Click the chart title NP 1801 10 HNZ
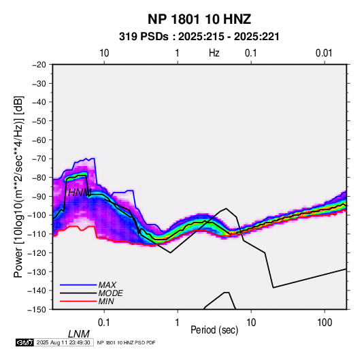point(199,19)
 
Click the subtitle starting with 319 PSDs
point(199,37)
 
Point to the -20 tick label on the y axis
point(39,65)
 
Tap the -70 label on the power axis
point(39,159)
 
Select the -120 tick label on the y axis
point(37,253)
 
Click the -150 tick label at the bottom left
point(37,310)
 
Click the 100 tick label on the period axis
point(325,323)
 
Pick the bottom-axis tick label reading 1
point(178,323)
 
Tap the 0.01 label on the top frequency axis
point(324,53)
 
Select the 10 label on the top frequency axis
point(104,53)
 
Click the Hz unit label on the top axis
point(214,53)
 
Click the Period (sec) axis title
point(214,330)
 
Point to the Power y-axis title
point(18,186)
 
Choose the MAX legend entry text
point(107,285)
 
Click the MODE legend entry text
point(110,293)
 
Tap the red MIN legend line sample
point(78,301)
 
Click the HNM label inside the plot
point(80,193)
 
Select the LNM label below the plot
point(79,334)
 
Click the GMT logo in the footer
point(24,342)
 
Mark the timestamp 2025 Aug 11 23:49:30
point(63,342)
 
